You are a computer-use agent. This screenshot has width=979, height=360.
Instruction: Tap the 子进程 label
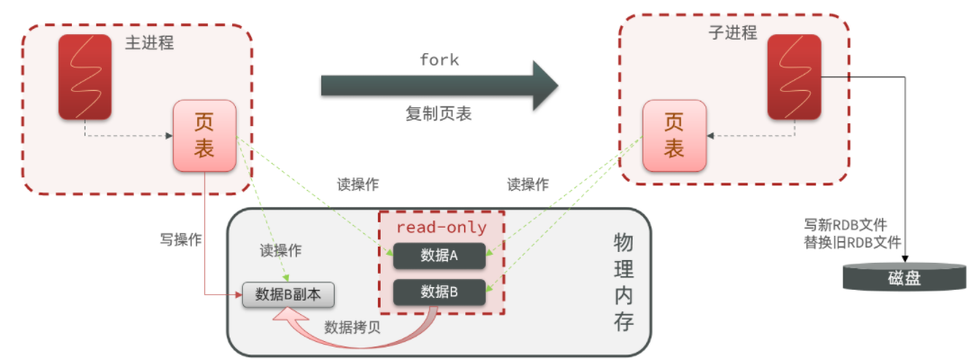(733, 31)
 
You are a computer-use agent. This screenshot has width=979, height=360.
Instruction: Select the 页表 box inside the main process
(205, 135)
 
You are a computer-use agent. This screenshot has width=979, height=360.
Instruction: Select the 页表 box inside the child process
(674, 135)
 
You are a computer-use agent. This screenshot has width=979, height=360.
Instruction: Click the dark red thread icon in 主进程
(85, 76)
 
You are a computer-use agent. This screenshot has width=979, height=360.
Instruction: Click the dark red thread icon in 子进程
(794, 76)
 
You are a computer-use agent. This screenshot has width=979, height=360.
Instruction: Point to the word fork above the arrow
(439, 60)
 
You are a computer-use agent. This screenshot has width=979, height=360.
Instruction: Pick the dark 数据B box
(439, 292)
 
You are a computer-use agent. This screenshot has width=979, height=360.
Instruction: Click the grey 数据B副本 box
(289, 294)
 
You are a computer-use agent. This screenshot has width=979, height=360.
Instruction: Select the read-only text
(442, 228)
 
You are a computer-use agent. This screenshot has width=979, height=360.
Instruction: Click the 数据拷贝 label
(352, 327)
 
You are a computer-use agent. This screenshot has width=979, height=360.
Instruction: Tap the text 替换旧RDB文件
(856, 243)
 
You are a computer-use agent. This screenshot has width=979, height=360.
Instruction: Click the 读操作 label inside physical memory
(281, 250)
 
